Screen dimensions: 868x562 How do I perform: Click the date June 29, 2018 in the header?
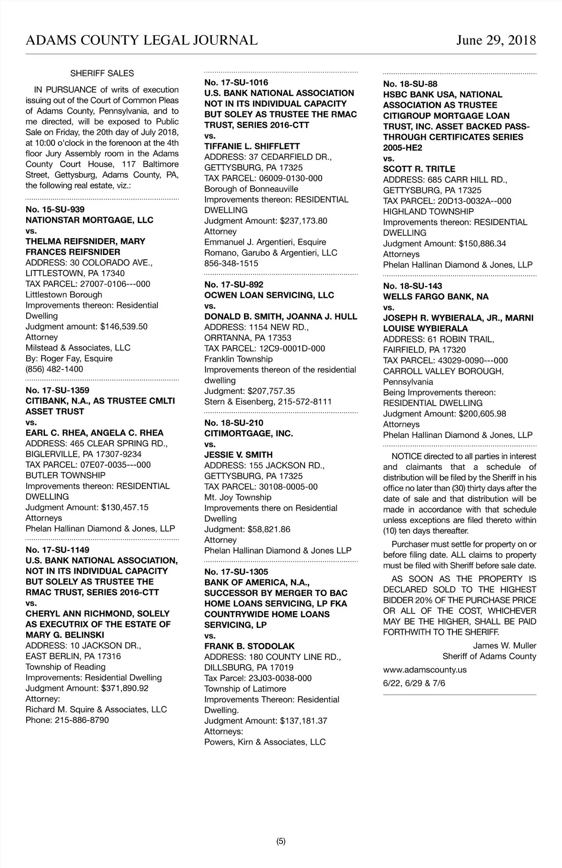[496, 40]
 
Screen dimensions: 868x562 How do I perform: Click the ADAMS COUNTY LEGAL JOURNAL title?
[141, 40]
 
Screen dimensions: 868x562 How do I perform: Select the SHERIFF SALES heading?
[102, 73]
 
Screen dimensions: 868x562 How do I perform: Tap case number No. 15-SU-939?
[55, 209]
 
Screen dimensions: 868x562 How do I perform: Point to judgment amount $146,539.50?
[124, 327]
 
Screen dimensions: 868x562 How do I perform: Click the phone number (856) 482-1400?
[54, 369]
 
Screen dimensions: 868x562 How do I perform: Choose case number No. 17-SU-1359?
[58, 390]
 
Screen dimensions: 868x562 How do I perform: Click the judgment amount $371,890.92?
[125, 688]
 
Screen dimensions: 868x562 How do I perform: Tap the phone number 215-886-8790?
[81, 720]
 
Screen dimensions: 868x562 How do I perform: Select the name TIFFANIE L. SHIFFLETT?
[252, 146]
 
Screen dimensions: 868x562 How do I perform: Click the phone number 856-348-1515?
[231, 263]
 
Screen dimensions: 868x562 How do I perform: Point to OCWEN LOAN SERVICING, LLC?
[269, 295]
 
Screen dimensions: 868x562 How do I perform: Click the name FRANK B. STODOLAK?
[250, 646]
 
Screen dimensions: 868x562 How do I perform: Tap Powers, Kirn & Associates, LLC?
[265, 742]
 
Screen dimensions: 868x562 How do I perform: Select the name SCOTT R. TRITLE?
[419, 169]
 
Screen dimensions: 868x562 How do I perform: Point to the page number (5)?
[281, 841]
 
